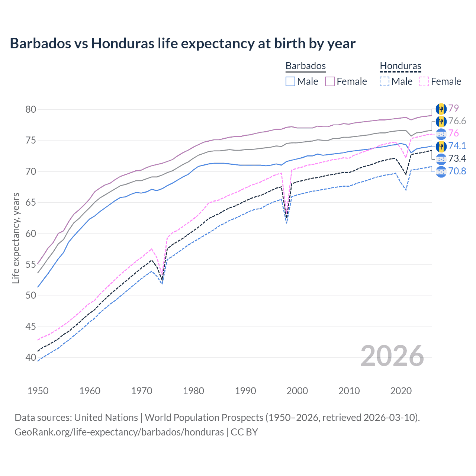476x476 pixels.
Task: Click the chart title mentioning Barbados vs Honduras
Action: [183, 44]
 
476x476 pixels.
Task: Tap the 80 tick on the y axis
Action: [31, 109]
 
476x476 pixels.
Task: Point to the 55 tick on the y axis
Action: [31, 264]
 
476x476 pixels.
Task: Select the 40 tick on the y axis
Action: [31, 357]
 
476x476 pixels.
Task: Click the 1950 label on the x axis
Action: [38, 391]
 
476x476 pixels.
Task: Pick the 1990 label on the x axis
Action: [245, 391]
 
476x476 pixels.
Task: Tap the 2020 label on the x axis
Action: [401, 391]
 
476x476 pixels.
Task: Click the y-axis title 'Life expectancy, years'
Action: [16, 238]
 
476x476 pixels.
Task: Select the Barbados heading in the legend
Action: [305, 66]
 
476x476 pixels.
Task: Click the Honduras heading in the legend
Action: [401, 66]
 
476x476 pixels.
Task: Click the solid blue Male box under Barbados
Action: [290, 81]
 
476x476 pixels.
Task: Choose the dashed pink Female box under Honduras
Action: [424, 81]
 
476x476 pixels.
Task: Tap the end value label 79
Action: [453, 108]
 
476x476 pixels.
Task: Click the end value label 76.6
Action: [457, 121]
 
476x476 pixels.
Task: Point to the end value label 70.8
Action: [457, 171]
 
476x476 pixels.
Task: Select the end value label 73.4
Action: [457, 159]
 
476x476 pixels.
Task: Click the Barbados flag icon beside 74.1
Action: [441, 146]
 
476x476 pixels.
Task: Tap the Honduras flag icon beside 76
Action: [441, 134]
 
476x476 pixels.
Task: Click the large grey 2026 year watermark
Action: [392, 356]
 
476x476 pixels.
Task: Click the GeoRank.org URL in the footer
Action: [119, 432]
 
